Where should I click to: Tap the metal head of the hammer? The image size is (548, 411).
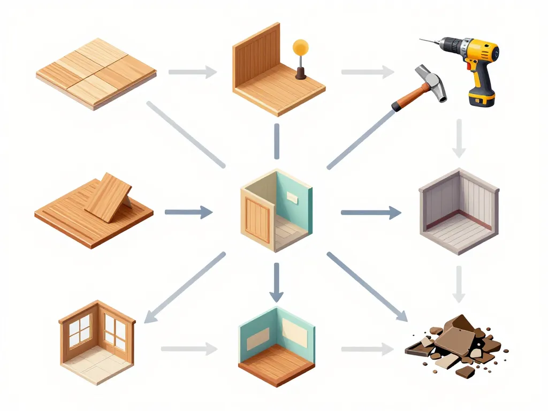tap(432, 83)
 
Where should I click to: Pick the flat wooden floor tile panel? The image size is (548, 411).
tap(96, 73)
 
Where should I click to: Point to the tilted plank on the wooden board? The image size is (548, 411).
tap(109, 197)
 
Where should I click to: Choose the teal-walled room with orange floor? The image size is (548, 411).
tap(276, 345)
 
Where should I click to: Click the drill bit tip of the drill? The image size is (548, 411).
tap(422, 39)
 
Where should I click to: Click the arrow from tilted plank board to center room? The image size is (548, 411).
tap(188, 212)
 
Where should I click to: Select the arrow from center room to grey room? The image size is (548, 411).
tap(370, 212)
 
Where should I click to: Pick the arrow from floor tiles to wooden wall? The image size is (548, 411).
tap(193, 72)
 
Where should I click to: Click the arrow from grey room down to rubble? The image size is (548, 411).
tap(458, 284)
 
